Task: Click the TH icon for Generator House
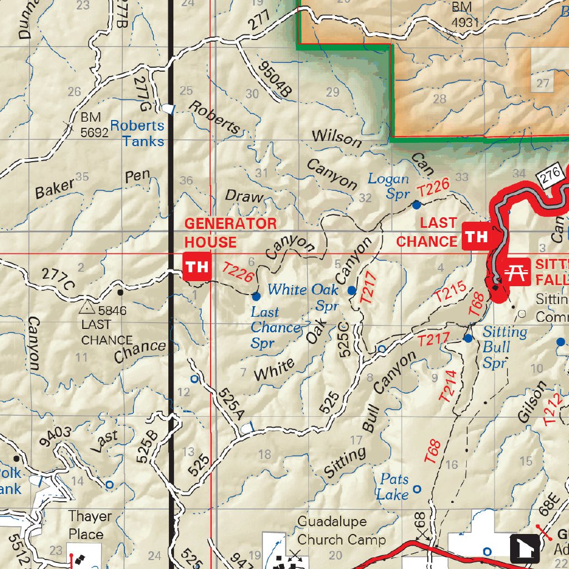[x=196, y=267]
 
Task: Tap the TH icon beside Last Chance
[x=476, y=237]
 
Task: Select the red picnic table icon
[x=517, y=272]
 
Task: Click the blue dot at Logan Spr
[x=416, y=205]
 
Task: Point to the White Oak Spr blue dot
[x=352, y=290]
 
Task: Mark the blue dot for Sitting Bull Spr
[x=468, y=338]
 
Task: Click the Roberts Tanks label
[x=137, y=133]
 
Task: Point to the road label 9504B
[x=273, y=79]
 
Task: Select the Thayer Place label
[x=89, y=525]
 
